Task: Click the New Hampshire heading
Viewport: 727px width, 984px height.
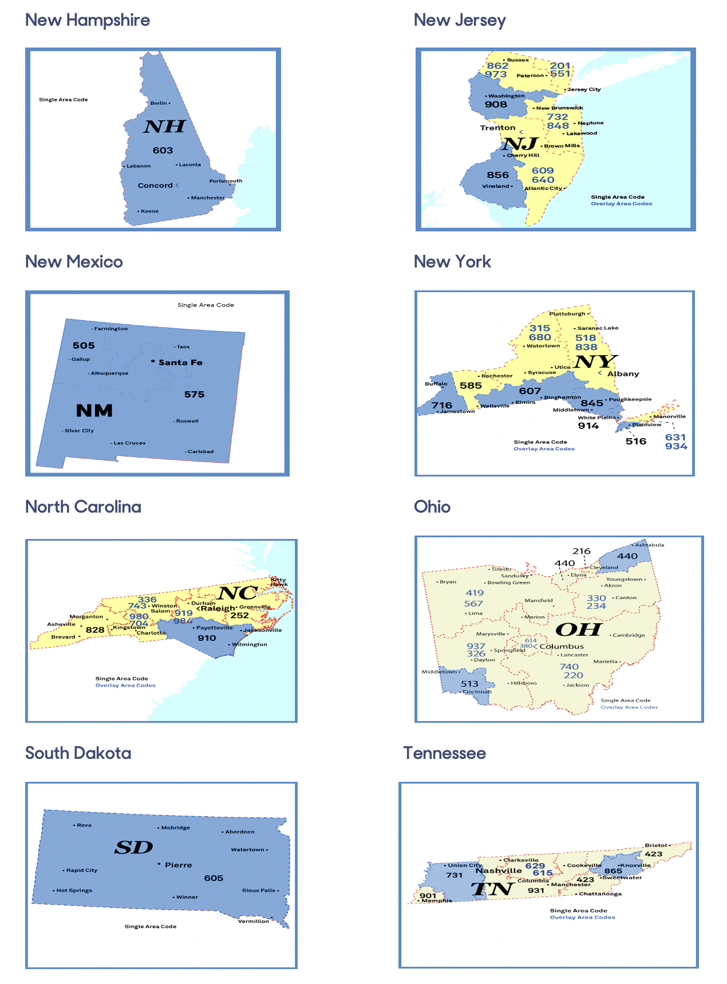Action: point(88,21)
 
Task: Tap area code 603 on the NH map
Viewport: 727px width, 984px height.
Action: point(163,151)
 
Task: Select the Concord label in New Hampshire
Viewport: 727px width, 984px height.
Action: point(155,186)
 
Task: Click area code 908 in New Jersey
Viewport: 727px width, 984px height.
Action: point(496,104)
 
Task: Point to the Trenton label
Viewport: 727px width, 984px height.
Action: point(497,128)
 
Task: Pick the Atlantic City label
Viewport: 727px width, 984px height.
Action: point(543,188)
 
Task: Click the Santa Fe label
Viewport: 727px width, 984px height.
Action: point(180,363)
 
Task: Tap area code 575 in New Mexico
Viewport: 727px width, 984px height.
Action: point(194,395)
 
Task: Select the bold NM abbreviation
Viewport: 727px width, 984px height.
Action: point(94,411)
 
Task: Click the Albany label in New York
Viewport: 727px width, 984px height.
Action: point(623,374)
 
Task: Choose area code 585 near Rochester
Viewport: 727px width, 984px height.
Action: point(471,385)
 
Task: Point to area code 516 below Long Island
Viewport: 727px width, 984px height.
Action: point(636,441)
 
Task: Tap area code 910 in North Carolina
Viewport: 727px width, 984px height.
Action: point(207,638)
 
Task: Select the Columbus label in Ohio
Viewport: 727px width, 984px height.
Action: point(562,647)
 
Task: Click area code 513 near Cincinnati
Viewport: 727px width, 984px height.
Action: point(469,684)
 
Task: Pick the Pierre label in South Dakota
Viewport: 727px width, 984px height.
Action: point(178,865)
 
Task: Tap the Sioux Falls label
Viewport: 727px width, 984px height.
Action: point(259,891)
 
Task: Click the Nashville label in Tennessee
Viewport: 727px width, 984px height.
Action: point(499,871)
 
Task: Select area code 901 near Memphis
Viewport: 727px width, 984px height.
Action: point(428,896)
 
